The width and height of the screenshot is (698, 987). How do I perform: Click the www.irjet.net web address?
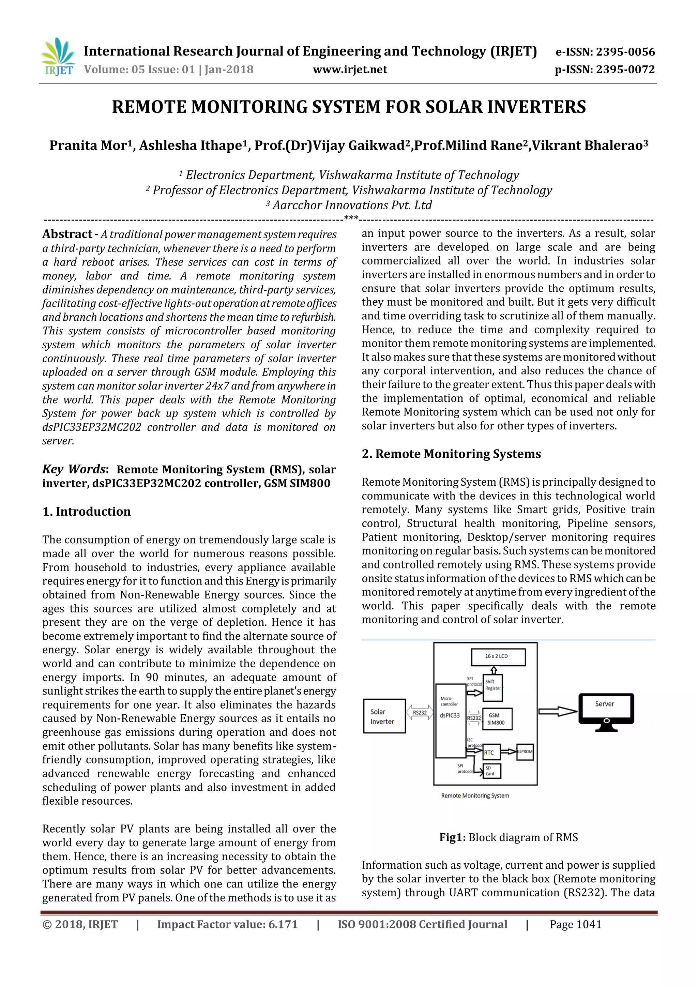pos(350,70)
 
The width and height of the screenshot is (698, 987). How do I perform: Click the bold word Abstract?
pos(67,234)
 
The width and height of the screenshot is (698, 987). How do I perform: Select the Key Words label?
pos(74,469)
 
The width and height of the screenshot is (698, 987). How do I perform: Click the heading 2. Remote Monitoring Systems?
pos(451,454)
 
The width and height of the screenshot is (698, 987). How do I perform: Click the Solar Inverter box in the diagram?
pos(384,716)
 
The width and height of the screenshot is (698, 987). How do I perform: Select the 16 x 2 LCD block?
pos(498,657)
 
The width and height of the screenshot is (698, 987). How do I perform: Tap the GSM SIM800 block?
pos(497,719)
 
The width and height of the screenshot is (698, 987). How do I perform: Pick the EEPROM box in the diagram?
pos(525,751)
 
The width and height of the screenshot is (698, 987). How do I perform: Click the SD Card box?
pos(492,771)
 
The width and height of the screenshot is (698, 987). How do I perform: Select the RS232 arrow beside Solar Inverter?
pos(420,713)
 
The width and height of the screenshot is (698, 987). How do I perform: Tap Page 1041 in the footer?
pos(576,925)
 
